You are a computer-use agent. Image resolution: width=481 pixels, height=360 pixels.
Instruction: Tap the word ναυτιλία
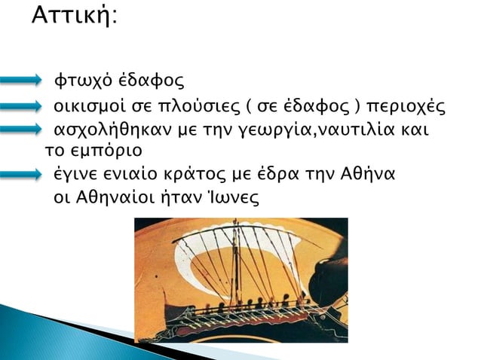pyautogui.click(x=354, y=131)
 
